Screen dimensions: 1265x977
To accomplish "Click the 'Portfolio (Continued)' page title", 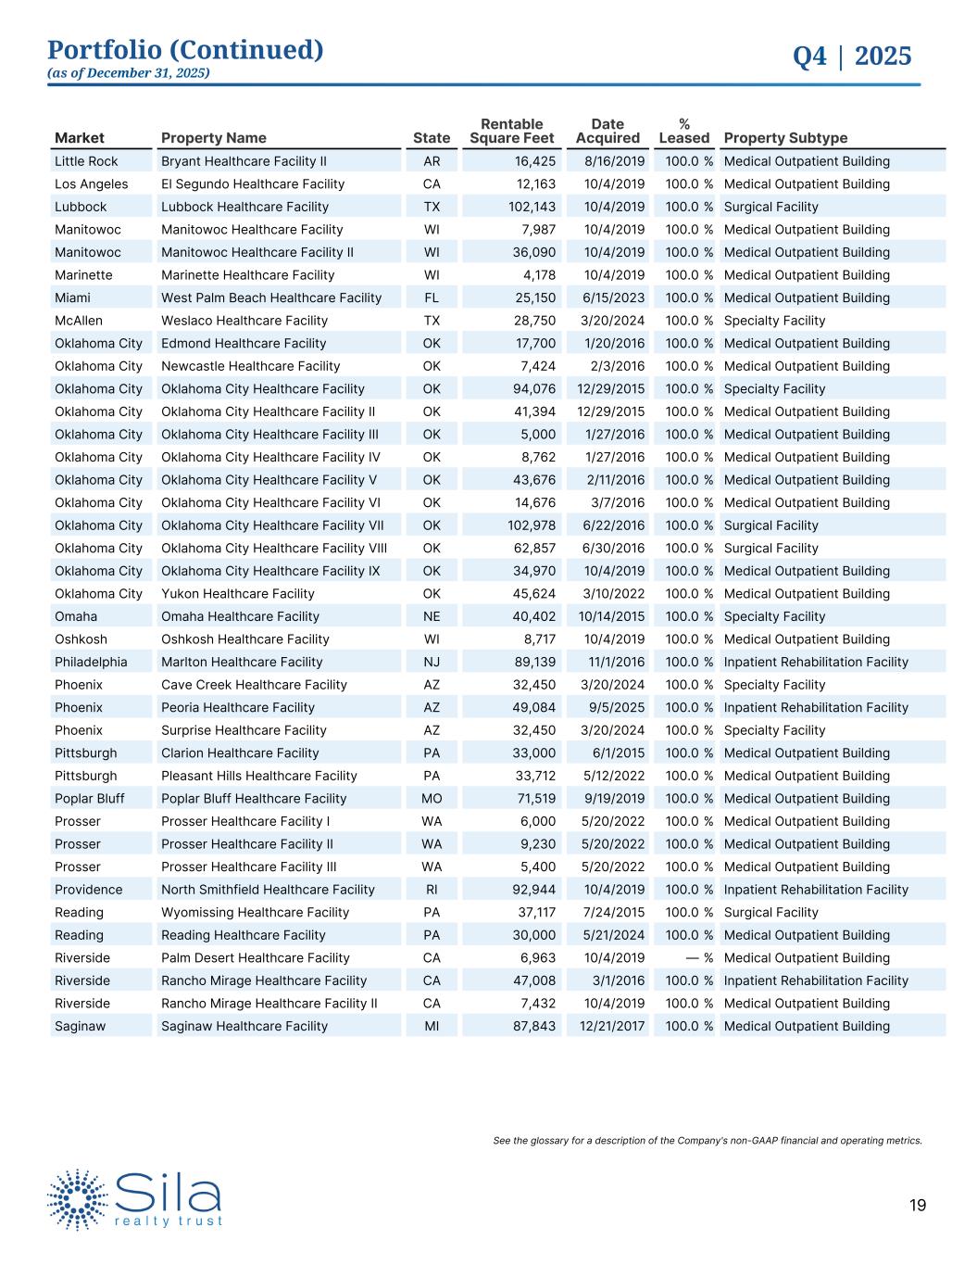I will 185,50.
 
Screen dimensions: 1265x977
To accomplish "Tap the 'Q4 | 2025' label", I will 852,57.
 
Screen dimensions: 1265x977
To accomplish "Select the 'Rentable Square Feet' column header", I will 512,131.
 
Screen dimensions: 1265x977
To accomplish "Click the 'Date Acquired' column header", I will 607,131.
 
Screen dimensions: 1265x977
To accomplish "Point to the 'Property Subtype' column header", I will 785,138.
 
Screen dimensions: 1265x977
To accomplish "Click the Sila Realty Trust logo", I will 135,1199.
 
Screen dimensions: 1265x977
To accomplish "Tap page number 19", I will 917,1205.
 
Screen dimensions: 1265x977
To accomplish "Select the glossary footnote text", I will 708,1140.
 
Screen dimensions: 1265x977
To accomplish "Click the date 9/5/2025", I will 613,707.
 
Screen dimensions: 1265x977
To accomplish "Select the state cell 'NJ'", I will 432,662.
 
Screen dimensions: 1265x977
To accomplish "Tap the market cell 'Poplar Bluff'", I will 89,798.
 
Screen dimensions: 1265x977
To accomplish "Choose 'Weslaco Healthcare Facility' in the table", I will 244,321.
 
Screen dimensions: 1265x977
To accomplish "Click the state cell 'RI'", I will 432,890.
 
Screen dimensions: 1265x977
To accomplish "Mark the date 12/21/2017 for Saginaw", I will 611,1026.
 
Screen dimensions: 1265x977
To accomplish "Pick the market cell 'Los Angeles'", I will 91,183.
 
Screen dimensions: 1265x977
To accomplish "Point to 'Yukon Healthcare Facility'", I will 238,593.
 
